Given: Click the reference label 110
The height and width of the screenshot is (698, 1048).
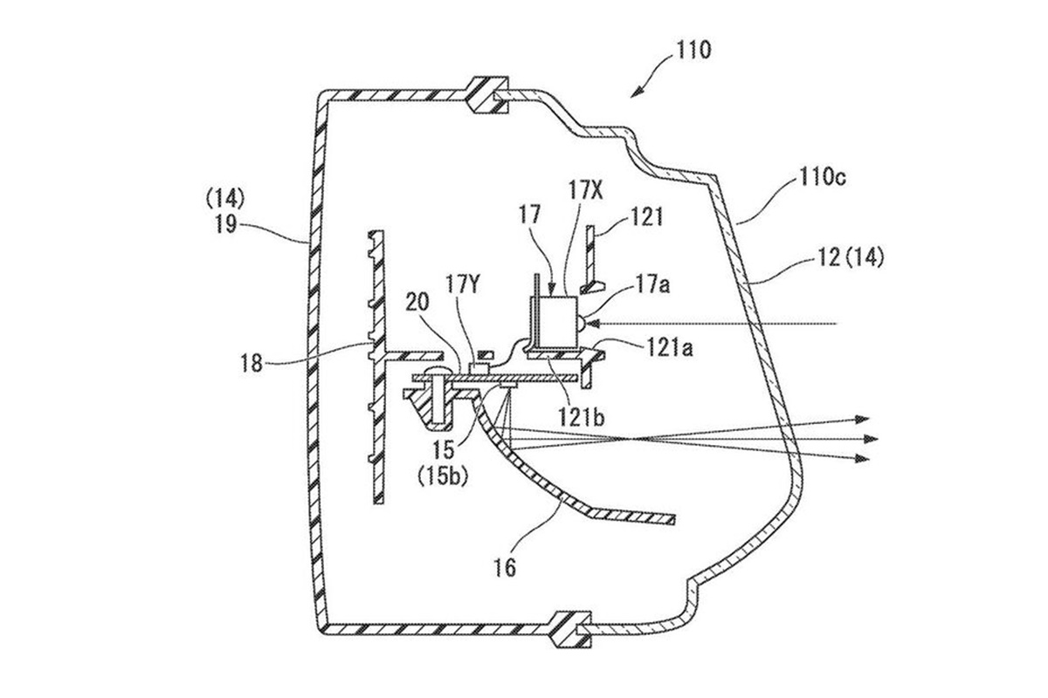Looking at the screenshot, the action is click(x=693, y=50).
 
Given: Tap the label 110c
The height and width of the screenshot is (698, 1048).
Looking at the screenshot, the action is click(x=823, y=178).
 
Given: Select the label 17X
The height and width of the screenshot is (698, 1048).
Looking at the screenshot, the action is click(x=585, y=191).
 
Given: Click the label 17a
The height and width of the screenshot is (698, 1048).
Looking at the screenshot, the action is click(x=652, y=284).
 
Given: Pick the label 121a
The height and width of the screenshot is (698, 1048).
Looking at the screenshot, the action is click(x=670, y=347).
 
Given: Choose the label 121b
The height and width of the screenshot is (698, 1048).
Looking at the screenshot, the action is click(x=581, y=416).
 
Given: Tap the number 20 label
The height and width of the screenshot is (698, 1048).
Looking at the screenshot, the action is click(x=417, y=303).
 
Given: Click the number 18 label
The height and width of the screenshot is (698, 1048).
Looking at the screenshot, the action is click(x=252, y=363).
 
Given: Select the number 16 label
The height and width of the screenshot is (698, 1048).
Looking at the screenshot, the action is click(x=505, y=568).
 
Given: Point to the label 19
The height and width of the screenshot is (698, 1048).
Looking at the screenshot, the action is click(x=226, y=224).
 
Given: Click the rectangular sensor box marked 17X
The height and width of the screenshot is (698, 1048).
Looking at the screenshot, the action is click(x=558, y=323).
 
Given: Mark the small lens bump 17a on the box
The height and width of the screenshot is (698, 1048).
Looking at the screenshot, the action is click(x=581, y=323).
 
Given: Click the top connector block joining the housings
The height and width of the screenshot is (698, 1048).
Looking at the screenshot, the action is click(x=487, y=95).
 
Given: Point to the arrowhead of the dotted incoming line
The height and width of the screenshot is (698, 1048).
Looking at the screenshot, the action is click(x=593, y=323).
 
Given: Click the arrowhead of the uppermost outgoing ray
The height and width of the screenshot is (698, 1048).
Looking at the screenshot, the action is click(x=863, y=420).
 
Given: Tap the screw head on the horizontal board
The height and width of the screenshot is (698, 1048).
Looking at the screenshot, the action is click(x=437, y=373).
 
